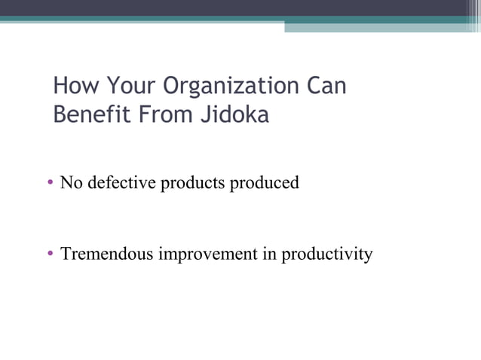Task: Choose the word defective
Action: (x=121, y=182)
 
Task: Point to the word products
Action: (x=188, y=183)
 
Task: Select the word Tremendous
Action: (x=106, y=254)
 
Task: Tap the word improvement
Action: (x=207, y=255)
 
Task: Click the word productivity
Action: (x=327, y=255)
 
